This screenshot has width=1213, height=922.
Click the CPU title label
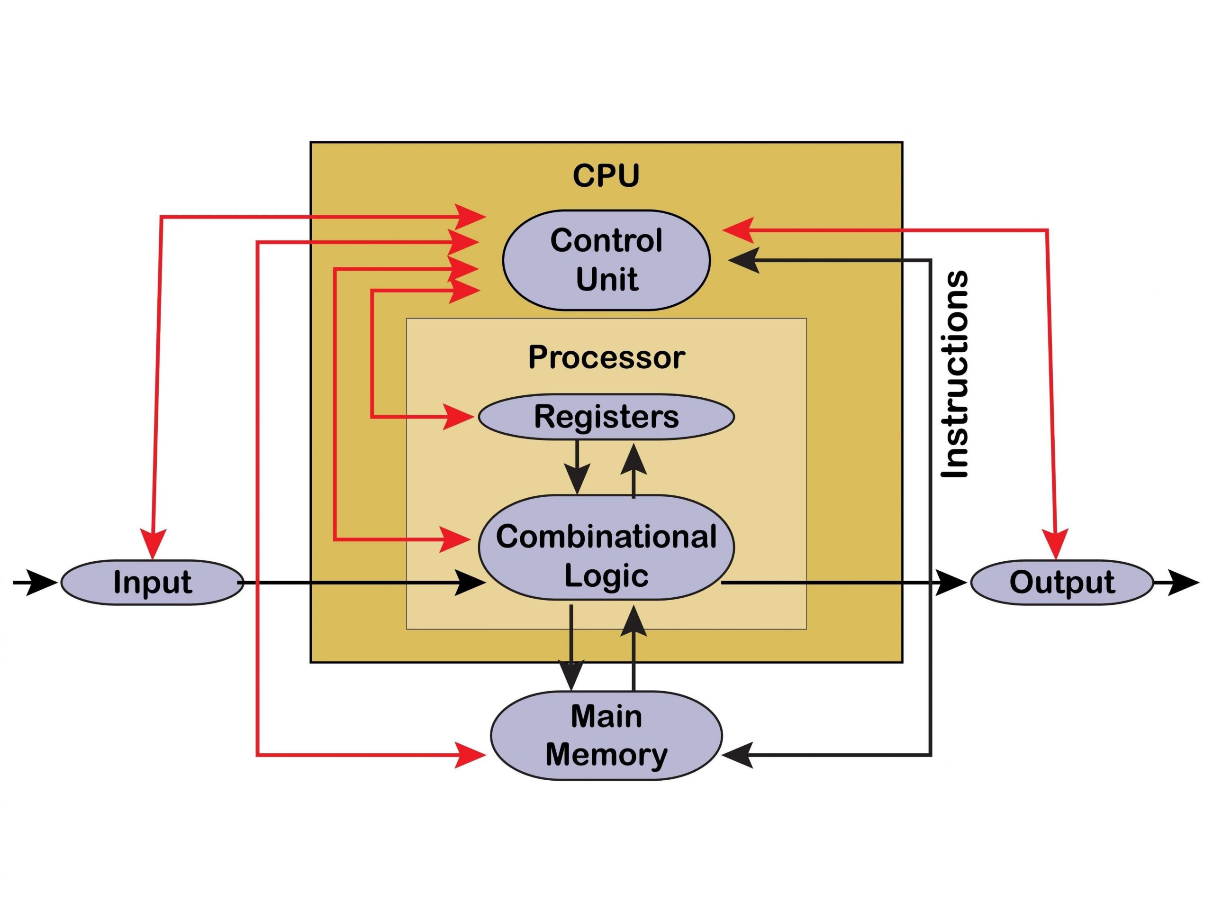pyautogui.click(x=606, y=175)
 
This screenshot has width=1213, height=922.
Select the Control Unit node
pyautogui.click(x=606, y=260)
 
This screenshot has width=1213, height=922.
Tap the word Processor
pyautogui.click(x=606, y=357)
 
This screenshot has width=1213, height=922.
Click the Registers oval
pyautogui.click(x=606, y=417)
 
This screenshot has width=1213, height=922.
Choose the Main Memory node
pyautogui.click(x=606, y=735)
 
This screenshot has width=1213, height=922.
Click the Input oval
pyautogui.click(x=152, y=582)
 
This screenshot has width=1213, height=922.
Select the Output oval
pyautogui.click(x=1061, y=582)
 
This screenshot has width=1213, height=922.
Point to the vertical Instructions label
pyautogui.click(x=955, y=374)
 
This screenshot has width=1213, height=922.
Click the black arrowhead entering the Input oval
pyautogui.click(x=43, y=582)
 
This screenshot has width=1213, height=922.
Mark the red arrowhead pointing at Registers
pyautogui.click(x=458, y=417)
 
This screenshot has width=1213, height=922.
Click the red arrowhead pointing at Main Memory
pyautogui.click(x=471, y=756)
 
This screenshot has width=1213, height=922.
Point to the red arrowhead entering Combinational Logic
pyautogui.click(x=455, y=539)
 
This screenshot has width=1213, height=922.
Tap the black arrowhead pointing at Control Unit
pyautogui.click(x=744, y=260)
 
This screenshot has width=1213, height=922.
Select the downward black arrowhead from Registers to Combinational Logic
pyautogui.click(x=577, y=479)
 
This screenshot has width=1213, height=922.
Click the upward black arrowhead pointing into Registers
pyautogui.click(x=634, y=460)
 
